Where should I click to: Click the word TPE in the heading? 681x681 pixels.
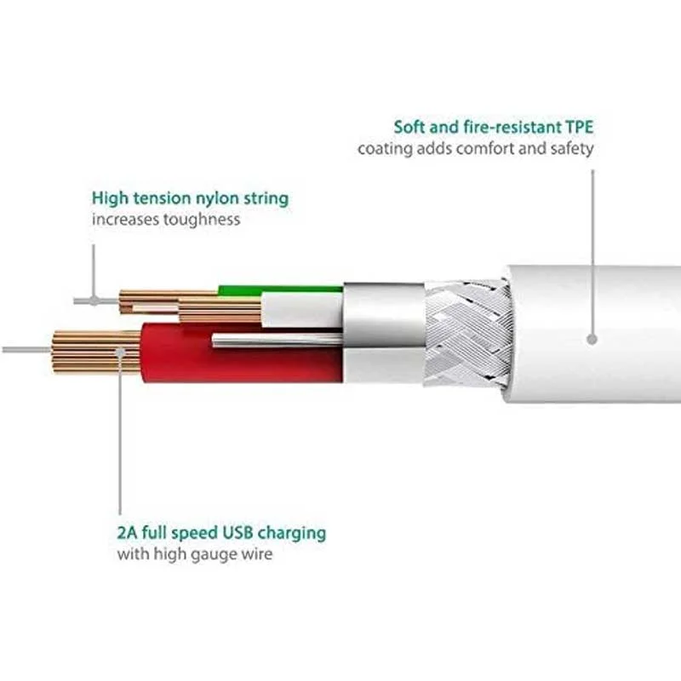point(579,127)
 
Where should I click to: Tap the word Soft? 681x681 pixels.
point(410,127)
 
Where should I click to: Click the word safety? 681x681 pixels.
point(571,149)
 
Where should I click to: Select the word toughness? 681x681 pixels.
point(201,220)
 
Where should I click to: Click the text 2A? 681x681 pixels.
point(127,533)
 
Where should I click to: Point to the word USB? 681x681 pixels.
point(237,533)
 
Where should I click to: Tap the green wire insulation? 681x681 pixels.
point(281,289)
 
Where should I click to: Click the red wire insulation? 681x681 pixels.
point(242,352)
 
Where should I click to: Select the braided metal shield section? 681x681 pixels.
point(466,333)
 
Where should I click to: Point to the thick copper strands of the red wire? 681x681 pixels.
point(96,352)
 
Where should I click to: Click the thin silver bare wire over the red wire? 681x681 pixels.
point(278,340)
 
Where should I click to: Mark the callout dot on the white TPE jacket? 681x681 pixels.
point(592,339)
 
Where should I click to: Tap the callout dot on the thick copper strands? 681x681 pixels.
point(120,352)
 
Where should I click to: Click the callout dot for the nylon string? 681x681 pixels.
point(94,300)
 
